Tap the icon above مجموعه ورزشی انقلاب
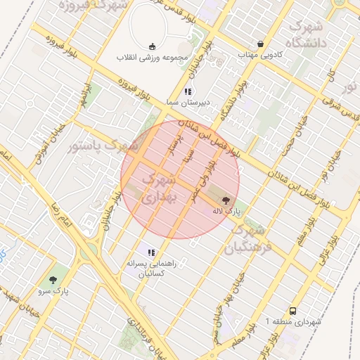click(152, 46)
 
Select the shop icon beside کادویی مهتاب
click(261, 44)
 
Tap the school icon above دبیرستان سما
click(187, 91)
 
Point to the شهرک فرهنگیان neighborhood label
click(247, 238)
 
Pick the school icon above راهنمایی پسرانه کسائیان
click(150, 252)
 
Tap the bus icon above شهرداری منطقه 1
click(292, 311)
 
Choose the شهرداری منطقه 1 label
click(294, 321)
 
